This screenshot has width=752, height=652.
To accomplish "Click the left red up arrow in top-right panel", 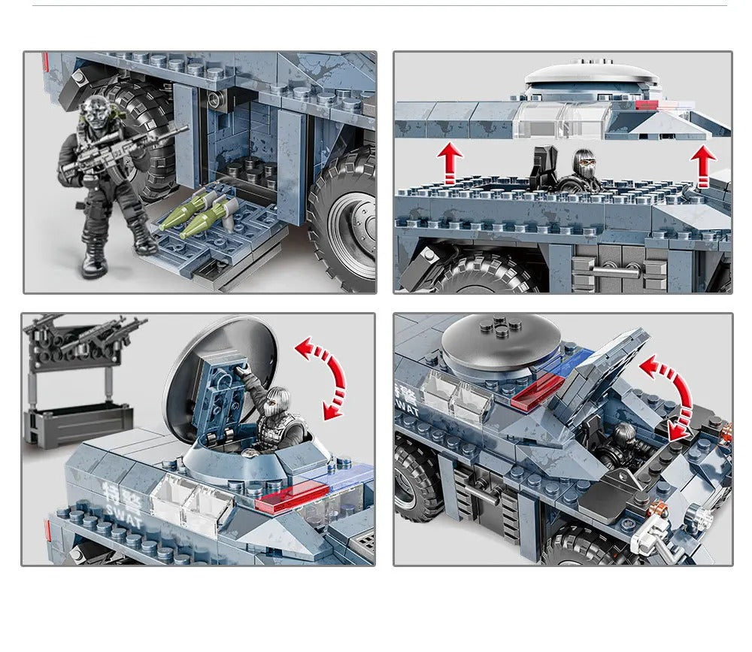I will coord(450,164).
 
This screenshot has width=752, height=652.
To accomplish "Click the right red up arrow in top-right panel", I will coord(703,166).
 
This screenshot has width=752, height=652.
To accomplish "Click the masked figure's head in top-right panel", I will coord(584,161).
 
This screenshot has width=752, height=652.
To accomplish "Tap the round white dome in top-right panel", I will coord(592,75).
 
